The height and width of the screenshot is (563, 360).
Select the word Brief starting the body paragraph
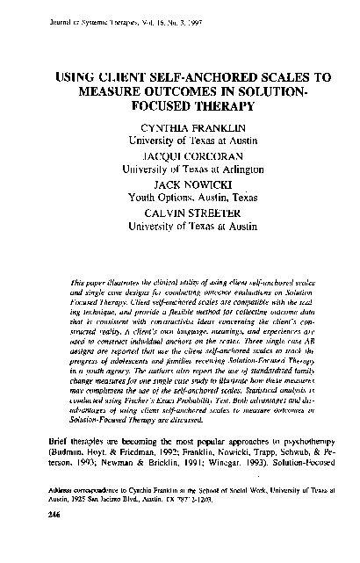point(55,460)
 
